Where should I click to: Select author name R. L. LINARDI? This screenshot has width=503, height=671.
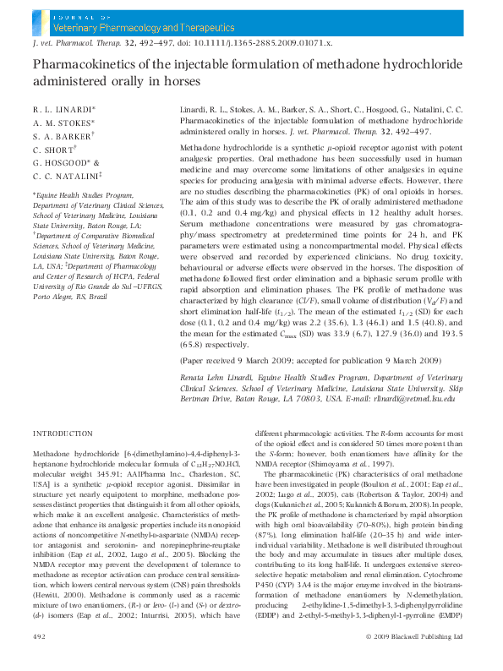click(x=63, y=110)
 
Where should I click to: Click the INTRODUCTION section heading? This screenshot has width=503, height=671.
click(x=62, y=433)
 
